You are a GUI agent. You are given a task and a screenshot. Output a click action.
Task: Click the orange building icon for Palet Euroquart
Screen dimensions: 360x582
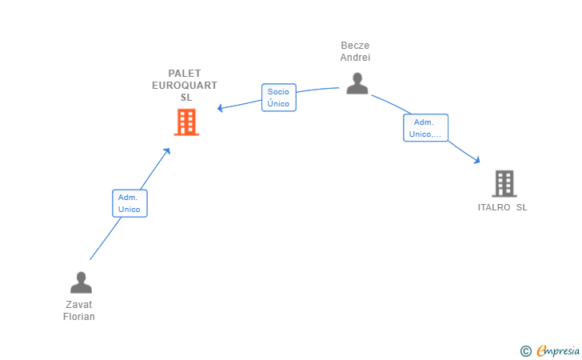click(x=186, y=122)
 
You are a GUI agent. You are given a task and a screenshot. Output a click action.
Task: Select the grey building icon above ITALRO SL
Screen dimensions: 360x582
click(x=504, y=184)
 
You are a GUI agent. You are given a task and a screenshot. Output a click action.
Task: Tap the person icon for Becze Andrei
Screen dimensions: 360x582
click(x=357, y=83)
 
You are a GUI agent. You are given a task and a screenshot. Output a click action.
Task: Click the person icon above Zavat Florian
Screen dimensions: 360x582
click(x=81, y=282)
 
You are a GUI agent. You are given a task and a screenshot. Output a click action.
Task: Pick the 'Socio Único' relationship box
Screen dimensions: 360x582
click(x=278, y=98)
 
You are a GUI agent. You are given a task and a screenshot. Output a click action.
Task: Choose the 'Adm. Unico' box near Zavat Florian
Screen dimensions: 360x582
click(x=129, y=203)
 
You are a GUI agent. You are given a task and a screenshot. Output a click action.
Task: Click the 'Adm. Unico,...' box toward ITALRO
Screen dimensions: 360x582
click(x=425, y=128)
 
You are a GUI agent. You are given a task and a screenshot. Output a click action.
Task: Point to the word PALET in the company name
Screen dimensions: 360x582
click(x=185, y=74)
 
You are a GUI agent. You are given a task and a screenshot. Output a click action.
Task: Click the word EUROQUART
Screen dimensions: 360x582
click(x=185, y=86)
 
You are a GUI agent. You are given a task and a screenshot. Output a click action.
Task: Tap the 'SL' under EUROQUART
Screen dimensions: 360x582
click(x=186, y=98)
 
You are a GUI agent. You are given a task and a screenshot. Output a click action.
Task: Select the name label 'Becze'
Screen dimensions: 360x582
click(x=355, y=46)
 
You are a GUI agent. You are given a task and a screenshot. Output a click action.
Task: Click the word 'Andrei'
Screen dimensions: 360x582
click(x=355, y=58)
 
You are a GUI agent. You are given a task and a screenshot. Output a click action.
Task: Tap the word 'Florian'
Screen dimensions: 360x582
click(x=79, y=317)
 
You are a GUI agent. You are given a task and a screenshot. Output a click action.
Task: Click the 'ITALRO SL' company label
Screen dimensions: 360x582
click(x=502, y=207)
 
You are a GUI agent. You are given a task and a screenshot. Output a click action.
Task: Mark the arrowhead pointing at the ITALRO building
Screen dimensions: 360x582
click(x=477, y=160)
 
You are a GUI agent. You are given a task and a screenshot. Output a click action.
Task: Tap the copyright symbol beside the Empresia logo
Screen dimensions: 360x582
click(x=525, y=350)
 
